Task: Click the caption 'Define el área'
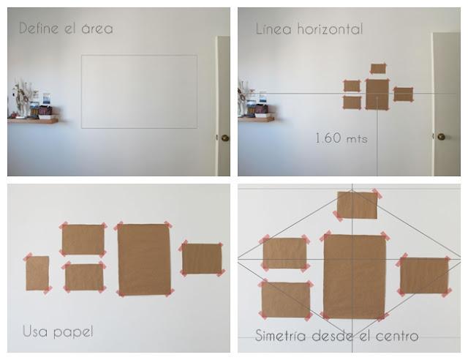point(66,29)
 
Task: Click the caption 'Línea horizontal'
point(309,29)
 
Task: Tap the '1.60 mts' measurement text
point(341,137)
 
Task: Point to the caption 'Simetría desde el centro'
point(337,337)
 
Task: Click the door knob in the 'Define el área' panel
point(224,138)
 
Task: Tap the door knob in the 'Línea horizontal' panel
point(440,136)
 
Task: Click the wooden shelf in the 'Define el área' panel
point(33,120)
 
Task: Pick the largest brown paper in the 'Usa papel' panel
point(143,258)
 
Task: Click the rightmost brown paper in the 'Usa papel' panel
point(202,258)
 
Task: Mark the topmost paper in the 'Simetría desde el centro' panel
point(357,204)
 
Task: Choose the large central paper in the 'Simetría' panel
point(354,276)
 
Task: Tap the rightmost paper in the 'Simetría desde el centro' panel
point(424,274)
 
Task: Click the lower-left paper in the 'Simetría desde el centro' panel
point(285,300)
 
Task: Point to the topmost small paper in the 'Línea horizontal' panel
point(378,69)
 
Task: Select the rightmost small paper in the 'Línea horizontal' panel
point(403,94)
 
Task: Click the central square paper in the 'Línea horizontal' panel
point(377,94)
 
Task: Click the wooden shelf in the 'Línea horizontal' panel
point(256,119)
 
